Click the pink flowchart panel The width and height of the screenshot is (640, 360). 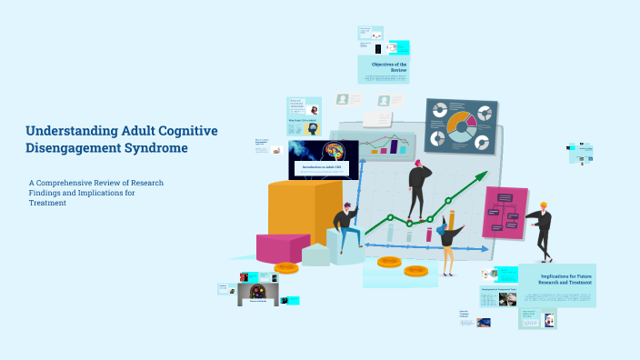505,212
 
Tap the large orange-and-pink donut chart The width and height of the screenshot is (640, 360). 461,127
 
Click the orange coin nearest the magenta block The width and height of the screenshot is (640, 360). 286,267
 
